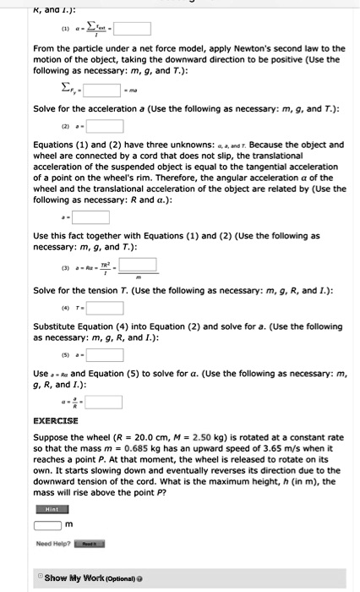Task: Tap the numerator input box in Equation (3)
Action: coord(137,264)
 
